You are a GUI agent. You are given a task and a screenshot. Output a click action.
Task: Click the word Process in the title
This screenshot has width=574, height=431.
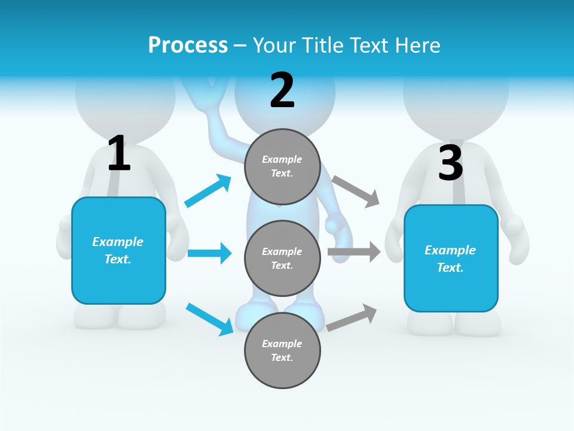(188, 45)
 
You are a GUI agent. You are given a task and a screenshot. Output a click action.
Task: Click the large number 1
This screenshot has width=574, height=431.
(119, 153)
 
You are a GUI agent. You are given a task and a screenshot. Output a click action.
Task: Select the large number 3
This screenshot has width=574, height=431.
(450, 163)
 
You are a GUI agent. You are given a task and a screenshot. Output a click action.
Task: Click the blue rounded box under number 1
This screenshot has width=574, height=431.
(118, 250)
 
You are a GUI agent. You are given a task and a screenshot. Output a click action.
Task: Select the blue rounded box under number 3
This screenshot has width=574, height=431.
(451, 258)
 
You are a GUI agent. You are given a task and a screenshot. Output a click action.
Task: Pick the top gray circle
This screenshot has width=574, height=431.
(282, 167)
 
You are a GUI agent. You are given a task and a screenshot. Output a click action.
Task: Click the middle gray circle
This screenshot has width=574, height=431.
(282, 258)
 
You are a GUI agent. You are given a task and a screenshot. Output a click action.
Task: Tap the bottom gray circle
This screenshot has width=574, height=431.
(282, 350)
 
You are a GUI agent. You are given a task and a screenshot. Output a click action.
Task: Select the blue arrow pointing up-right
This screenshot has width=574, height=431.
(208, 190)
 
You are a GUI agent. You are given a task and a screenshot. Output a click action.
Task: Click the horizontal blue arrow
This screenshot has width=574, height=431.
(209, 253)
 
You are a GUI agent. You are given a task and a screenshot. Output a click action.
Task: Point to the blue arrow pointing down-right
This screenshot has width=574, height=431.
(209, 319)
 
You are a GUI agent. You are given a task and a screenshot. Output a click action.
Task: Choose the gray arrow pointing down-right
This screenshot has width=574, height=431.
(356, 192)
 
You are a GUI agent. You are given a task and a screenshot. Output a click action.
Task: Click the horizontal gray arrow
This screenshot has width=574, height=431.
(353, 252)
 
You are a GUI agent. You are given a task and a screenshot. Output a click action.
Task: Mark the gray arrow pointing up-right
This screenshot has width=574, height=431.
(352, 317)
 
